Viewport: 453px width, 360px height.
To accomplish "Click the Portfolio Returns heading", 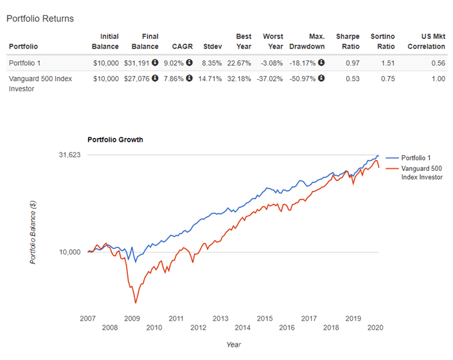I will (40, 18).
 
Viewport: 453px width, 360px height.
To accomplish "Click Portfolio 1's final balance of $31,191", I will (140, 63).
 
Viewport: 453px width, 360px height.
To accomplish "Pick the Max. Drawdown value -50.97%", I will (302, 79).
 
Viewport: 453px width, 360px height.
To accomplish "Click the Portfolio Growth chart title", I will (115, 139).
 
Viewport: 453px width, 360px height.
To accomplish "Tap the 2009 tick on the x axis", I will (132, 318).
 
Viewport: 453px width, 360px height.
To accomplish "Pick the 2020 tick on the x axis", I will (375, 328).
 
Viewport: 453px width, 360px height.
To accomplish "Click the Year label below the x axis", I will (233, 345).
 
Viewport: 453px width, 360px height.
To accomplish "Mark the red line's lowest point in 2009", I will (135, 303).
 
